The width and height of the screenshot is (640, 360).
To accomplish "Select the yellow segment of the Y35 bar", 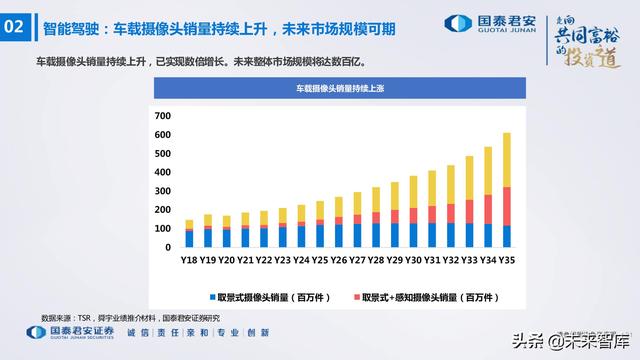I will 506,159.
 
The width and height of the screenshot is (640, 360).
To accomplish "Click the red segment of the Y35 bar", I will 506,205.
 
